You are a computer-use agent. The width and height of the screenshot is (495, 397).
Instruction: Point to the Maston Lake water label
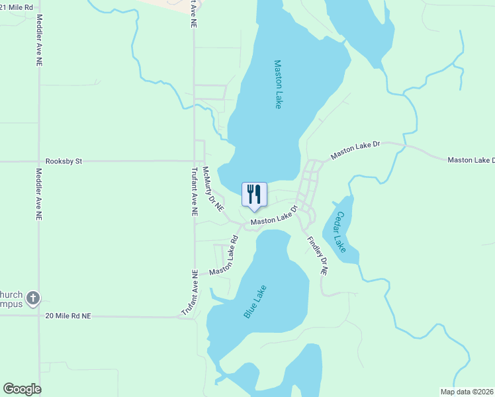278,85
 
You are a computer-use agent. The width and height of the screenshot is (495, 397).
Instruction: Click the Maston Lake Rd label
224,257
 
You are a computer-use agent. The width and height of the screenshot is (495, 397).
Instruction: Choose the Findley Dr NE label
317,255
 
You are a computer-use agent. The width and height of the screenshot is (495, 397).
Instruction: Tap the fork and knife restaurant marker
254,195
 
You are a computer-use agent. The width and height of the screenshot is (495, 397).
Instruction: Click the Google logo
22,389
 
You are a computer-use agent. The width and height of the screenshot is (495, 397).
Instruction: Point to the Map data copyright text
467,392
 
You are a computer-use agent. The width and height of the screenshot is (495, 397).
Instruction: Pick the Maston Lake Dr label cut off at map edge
471,160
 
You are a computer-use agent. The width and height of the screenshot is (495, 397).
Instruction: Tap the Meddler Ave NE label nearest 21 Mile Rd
39,40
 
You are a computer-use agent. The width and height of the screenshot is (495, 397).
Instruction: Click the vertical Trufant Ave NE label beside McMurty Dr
195,192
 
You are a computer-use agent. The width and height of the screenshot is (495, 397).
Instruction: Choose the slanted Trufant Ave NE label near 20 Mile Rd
190,292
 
